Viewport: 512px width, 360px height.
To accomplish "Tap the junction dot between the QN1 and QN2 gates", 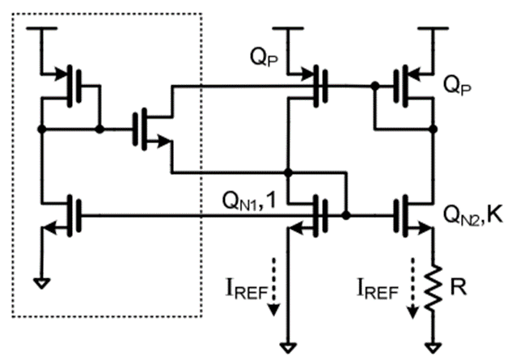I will (345, 216).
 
